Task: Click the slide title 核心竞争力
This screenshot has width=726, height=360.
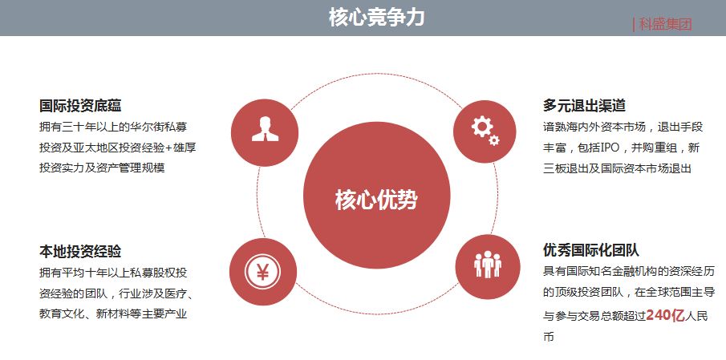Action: [376, 18]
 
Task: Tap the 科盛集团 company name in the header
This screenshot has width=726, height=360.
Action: [665, 25]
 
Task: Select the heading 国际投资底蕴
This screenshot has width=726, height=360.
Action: [80, 106]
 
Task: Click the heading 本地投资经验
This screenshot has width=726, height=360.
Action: [80, 251]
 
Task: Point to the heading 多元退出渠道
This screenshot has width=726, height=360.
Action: [584, 106]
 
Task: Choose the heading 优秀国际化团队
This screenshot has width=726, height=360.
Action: [591, 250]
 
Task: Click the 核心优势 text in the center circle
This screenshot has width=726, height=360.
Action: [376, 200]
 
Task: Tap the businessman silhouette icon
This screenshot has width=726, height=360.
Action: [266, 129]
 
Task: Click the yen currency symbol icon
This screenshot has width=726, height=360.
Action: [262, 272]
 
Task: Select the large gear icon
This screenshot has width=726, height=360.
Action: [481, 127]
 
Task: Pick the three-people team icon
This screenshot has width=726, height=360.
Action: [488, 265]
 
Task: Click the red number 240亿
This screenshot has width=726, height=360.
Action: [665, 316]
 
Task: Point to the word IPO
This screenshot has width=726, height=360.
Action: [610, 148]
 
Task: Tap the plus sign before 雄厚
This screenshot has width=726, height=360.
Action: [168, 148]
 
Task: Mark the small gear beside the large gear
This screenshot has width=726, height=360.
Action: [494, 140]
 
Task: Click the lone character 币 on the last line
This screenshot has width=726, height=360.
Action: [549, 338]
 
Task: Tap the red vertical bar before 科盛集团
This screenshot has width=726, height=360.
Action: [634, 25]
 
